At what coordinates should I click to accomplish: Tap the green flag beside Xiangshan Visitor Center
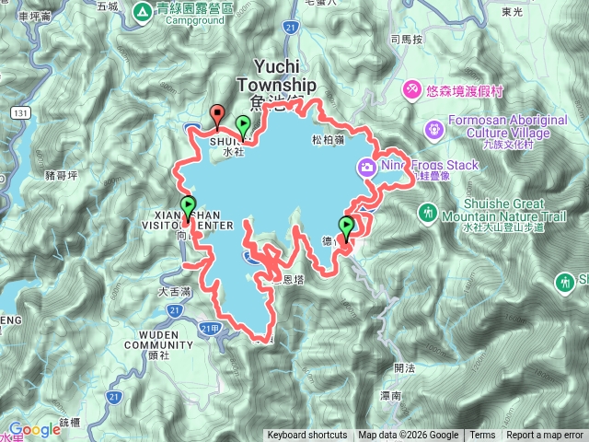188,206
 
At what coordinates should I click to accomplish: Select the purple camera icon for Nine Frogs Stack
367,166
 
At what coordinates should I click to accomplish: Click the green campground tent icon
143,12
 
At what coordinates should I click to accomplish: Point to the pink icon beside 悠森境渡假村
412,89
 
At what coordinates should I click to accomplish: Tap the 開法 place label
403,367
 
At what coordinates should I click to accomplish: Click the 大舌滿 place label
147,291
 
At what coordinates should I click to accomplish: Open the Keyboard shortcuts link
306,436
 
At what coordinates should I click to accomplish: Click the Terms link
482,436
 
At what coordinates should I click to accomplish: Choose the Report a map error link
545,436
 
